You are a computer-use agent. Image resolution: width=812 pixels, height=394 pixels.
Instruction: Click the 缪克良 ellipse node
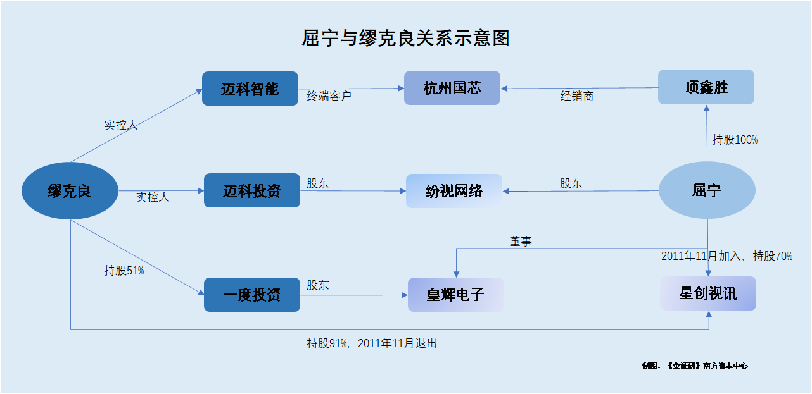tap(70, 190)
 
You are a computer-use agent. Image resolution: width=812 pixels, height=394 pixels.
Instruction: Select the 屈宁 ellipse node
tap(707, 190)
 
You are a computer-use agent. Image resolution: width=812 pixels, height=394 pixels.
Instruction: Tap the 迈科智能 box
tap(250, 89)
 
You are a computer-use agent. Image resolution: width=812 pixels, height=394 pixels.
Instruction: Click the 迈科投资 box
tap(252, 190)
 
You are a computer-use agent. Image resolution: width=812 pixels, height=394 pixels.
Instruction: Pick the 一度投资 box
tap(252, 295)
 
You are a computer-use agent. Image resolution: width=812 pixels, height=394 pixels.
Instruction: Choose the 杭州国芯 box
tap(452, 88)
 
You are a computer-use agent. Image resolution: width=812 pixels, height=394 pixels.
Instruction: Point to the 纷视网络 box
tap(454, 191)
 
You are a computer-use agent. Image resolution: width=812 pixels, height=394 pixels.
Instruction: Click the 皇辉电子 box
tap(455, 295)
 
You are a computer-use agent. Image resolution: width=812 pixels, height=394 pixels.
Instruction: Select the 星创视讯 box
tap(708, 293)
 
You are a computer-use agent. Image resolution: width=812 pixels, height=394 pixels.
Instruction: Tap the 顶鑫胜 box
tap(706, 87)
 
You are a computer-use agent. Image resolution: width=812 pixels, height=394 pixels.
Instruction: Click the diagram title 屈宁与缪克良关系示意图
tap(405, 38)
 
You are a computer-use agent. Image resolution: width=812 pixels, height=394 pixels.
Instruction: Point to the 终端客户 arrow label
tap(329, 96)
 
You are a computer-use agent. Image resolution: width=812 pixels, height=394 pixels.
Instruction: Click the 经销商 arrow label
tap(576, 96)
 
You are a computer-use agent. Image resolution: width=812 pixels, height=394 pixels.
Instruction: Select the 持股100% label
tap(735, 140)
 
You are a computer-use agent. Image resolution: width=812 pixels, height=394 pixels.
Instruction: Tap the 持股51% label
tap(124, 271)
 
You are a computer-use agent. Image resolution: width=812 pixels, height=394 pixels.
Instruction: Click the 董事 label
tap(521, 242)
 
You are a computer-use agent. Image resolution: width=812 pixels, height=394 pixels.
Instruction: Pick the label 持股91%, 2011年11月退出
tap(372, 343)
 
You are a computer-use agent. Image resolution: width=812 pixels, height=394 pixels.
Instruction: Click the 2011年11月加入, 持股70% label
tap(727, 256)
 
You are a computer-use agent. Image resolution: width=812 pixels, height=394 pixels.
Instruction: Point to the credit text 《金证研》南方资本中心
tap(707, 366)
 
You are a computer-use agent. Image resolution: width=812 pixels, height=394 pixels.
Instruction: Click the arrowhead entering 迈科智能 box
tap(199, 92)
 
